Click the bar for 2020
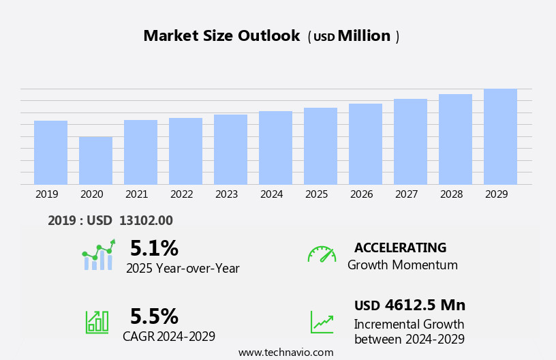(x=95, y=161)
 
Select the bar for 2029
(x=500, y=136)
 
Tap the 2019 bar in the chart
(x=50, y=153)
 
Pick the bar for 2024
(x=275, y=148)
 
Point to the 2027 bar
(x=410, y=142)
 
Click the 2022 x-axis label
(x=182, y=194)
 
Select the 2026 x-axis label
(x=362, y=194)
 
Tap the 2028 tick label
(x=452, y=194)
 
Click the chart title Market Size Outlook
(x=221, y=36)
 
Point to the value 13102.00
(x=146, y=220)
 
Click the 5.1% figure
(x=154, y=248)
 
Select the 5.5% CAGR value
(x=154, y=316)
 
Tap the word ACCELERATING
(x=400, y=248)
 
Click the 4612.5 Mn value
(x=424, y=305)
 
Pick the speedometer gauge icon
(x=322, y=254)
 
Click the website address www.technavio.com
(x=285, y=352)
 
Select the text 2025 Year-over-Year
(x=183, y=269)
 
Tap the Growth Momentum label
(x=402, y=265)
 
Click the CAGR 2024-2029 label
(x=169, y=336)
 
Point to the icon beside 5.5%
(x=97, y=321)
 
